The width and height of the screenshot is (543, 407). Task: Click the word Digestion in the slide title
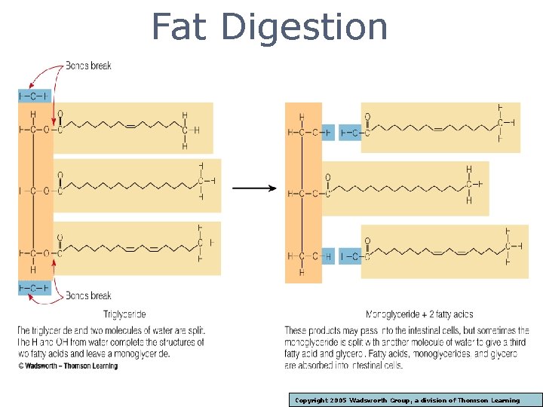(305, 28)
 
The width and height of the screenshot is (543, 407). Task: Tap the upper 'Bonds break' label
(88, 66)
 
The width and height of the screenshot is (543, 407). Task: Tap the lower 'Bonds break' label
(88, 295)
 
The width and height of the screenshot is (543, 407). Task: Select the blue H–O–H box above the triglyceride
(34, 96)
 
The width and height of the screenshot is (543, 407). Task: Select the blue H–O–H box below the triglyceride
(34, 289)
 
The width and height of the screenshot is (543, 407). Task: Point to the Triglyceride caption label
(124, 314)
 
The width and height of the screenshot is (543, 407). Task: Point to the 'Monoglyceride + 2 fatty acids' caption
(419, 314)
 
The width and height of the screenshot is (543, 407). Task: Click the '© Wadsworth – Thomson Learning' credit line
(68, 366)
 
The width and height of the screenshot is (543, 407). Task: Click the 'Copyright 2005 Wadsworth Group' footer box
(407, 400)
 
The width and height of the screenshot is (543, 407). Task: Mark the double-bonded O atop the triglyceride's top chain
(60, 115)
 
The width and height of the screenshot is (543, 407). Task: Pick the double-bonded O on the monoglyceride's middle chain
(327, 178)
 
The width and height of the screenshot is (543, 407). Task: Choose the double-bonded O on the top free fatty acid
(367, 117)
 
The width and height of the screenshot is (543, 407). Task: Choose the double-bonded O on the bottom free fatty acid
(367, 241)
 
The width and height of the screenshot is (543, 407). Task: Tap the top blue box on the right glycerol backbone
(327, 133)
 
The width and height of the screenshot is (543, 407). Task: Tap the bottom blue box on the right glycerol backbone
(327, 257)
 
